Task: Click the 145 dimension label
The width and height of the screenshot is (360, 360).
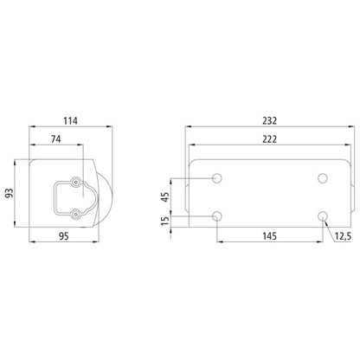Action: (269, 235)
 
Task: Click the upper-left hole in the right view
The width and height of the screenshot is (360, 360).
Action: (217, 178)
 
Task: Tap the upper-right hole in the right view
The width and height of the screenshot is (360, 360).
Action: (322, 178)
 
